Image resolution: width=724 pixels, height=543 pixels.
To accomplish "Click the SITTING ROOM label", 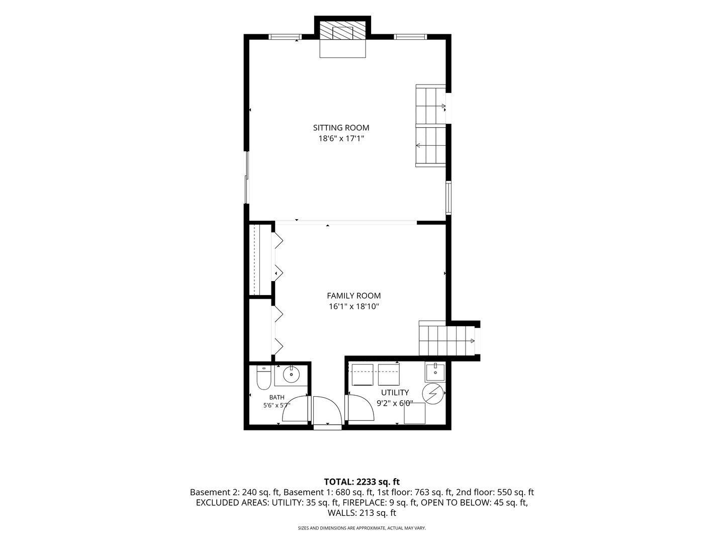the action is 341,128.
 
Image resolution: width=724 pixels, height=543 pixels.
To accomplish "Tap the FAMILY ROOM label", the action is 353,296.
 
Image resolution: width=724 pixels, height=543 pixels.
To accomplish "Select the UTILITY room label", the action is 395,392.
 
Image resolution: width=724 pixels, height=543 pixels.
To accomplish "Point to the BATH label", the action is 277,397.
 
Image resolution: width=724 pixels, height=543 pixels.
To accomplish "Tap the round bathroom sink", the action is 291,374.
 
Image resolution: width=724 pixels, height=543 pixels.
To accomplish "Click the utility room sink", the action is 435,372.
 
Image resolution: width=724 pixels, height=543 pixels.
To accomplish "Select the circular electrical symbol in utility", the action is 433,393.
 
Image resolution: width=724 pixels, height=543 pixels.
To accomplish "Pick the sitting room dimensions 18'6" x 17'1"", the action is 341,138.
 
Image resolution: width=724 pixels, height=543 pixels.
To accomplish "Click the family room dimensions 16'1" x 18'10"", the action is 353,307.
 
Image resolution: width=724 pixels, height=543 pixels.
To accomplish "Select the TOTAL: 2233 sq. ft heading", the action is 361,482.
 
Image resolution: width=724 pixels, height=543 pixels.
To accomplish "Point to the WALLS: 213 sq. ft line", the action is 361,513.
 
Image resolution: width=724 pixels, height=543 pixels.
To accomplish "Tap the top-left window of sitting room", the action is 285,37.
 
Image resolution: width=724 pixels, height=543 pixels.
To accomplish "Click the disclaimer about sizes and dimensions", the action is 361,528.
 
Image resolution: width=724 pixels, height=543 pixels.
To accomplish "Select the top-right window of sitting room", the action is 410,37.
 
